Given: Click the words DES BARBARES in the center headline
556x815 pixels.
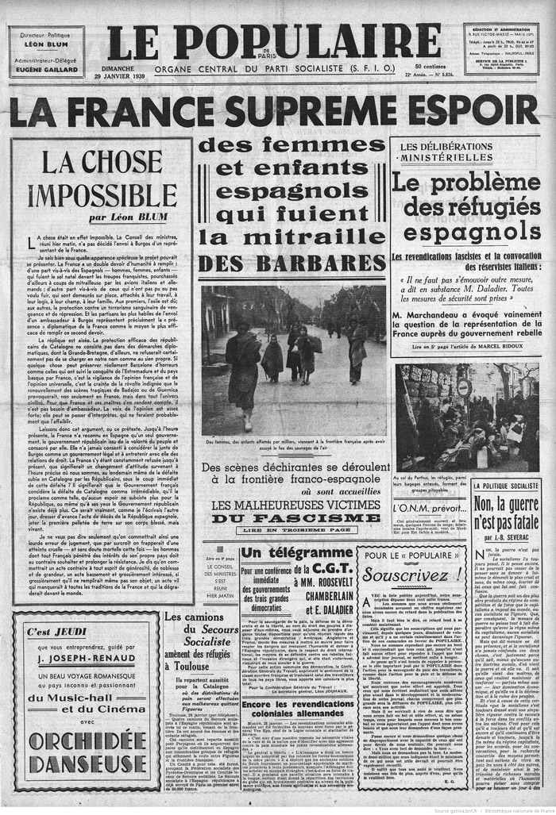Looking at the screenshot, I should pos(292,263).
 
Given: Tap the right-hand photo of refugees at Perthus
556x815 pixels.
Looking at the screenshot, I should pos(467,417).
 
